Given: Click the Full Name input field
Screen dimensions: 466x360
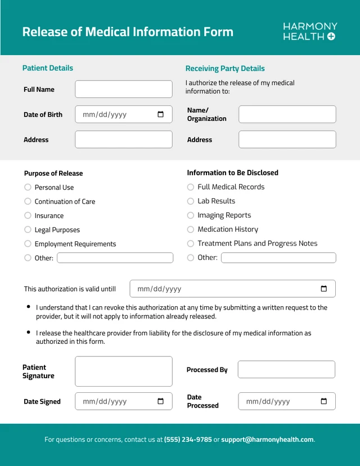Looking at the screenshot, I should [124, 89].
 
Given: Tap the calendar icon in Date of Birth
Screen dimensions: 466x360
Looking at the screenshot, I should [160, 114].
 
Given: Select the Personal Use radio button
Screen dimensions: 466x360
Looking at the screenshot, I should [28, 187].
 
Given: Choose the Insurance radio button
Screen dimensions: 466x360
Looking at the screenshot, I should [28, 216].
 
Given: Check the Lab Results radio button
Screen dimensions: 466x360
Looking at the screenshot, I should [190, 201].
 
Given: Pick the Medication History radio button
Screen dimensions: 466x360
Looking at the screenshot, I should [190, 229].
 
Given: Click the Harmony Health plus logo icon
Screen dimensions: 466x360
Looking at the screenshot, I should [331, 37].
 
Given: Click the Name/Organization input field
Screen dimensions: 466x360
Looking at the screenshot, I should [287, 114].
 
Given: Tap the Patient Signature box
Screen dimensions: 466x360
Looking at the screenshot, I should [124, 371].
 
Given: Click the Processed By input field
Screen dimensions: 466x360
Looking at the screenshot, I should [286, 370].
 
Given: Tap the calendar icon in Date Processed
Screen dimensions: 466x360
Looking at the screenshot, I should [323, 401].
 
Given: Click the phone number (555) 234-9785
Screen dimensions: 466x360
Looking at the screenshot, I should [188, 440].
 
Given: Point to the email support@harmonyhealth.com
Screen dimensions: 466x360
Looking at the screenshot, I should [267, 440].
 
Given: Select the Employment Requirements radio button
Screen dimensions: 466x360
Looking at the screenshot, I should [28, 244].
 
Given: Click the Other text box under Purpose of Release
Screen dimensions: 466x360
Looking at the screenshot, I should [115, 258].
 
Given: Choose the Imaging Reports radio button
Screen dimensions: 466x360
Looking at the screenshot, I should [190, 215].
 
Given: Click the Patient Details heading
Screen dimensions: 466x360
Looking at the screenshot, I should [48, 68].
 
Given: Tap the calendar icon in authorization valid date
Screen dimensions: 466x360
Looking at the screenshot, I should [323, 289].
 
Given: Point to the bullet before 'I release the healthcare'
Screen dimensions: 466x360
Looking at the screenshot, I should [29, 333].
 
